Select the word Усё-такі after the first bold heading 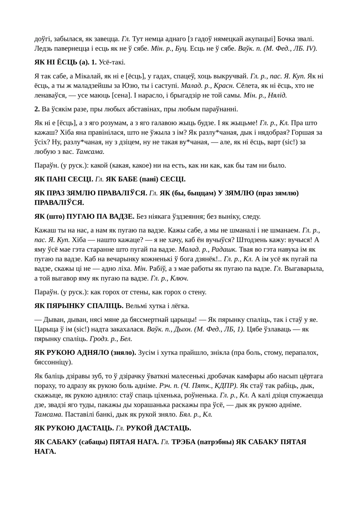point(112,62)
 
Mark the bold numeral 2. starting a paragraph point(37,109)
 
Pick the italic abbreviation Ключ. point(179,278)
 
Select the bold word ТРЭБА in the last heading point(183,442)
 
